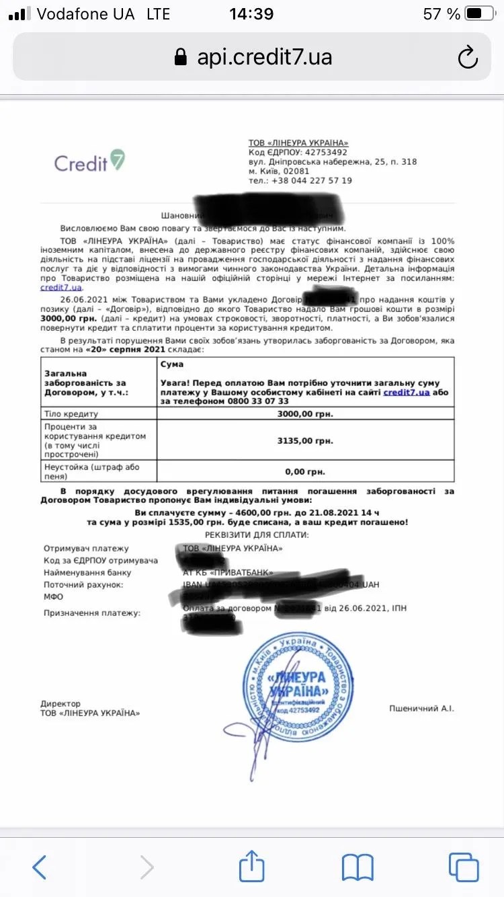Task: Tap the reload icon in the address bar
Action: tap(468, 57)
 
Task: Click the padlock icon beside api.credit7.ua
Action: tap(180, 57)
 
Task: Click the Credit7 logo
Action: tap(89, 161)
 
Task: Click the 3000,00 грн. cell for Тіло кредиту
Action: tap(306, 414)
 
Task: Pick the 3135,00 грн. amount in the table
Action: tap(306, 440)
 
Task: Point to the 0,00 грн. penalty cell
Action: tap(306, 471)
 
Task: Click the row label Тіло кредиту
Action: tap(71, 414)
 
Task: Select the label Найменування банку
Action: tap(87, 573)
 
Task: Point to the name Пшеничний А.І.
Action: tap(421, 708)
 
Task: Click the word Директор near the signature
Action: tap(60, 703)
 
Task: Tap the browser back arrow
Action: tap(40, 867)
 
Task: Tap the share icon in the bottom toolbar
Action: tap(252, 866)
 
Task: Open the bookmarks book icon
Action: tap(358, 867)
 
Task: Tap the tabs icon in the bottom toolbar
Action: tap(464, 867)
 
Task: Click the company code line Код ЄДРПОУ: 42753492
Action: tap(298, 153)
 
